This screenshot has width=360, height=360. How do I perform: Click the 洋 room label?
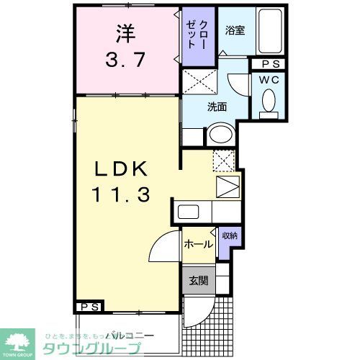(x=124, y=32)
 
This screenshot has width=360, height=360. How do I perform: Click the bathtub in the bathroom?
(x=271, y=32)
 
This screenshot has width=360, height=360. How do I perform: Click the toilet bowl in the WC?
(x=269, y=101)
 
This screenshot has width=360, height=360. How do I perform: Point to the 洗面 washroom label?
(x=217, y=107)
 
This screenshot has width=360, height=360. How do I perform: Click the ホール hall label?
(x=197, y=244)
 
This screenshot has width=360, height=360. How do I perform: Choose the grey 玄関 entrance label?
(x=197, y=281)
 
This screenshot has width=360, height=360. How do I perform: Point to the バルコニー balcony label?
(x=130, y=335)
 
